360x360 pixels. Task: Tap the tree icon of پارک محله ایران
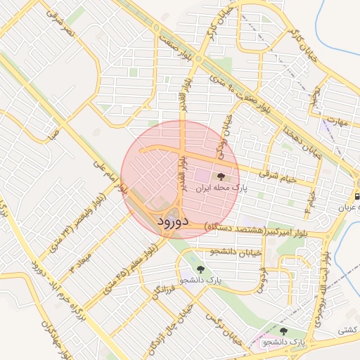click(x=221, y=176)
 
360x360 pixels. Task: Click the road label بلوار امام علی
click(x=110, y=174)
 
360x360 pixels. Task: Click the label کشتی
click(x=347, y=329)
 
